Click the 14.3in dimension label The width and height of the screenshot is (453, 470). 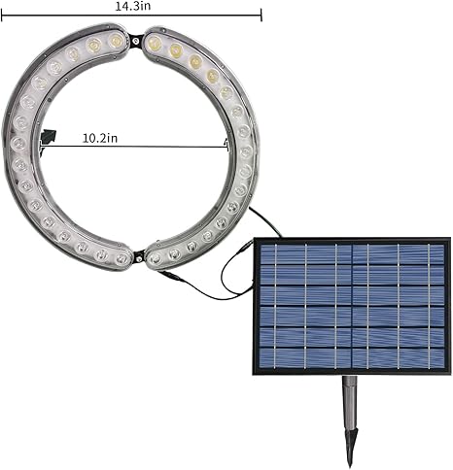coord(133,7)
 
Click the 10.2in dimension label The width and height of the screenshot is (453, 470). coord(100,138)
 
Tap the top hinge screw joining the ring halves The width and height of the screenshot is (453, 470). coord(136,41)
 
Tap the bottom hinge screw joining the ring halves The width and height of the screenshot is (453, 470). coord(139,258)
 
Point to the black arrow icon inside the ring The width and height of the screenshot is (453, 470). coord(49,136)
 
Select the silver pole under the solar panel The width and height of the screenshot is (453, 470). coord(350,402)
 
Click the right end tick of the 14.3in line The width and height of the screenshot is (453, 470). coord(261,16)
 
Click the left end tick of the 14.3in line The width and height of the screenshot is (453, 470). coord(2,16)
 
